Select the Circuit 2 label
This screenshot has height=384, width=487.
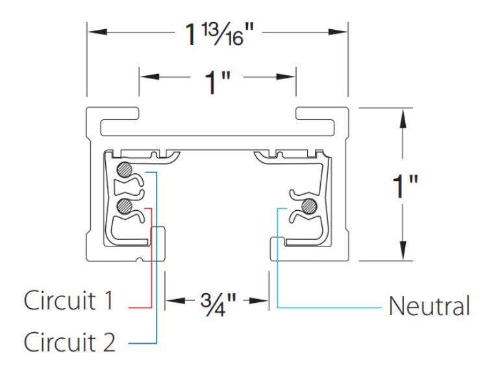pos(70,341)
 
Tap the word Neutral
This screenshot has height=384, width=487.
pos(429,306)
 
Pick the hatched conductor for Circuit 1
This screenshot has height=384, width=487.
pos(125,206)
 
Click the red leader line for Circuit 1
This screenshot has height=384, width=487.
pos(151,259)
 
